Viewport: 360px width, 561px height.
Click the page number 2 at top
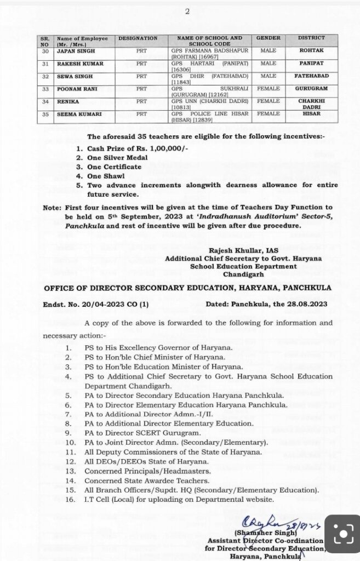pos(187,12)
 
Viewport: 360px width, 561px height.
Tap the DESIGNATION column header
pos(138,38)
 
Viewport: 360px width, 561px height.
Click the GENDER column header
pos(268,38)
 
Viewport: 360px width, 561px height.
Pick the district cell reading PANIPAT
pos(311,64)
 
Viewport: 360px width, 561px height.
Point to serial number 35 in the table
pos(45,114)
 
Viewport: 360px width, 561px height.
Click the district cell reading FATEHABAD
pos(311,76)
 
